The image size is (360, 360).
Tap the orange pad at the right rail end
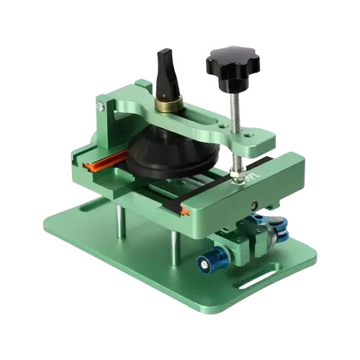pyautogui.click(x=186, y=210)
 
